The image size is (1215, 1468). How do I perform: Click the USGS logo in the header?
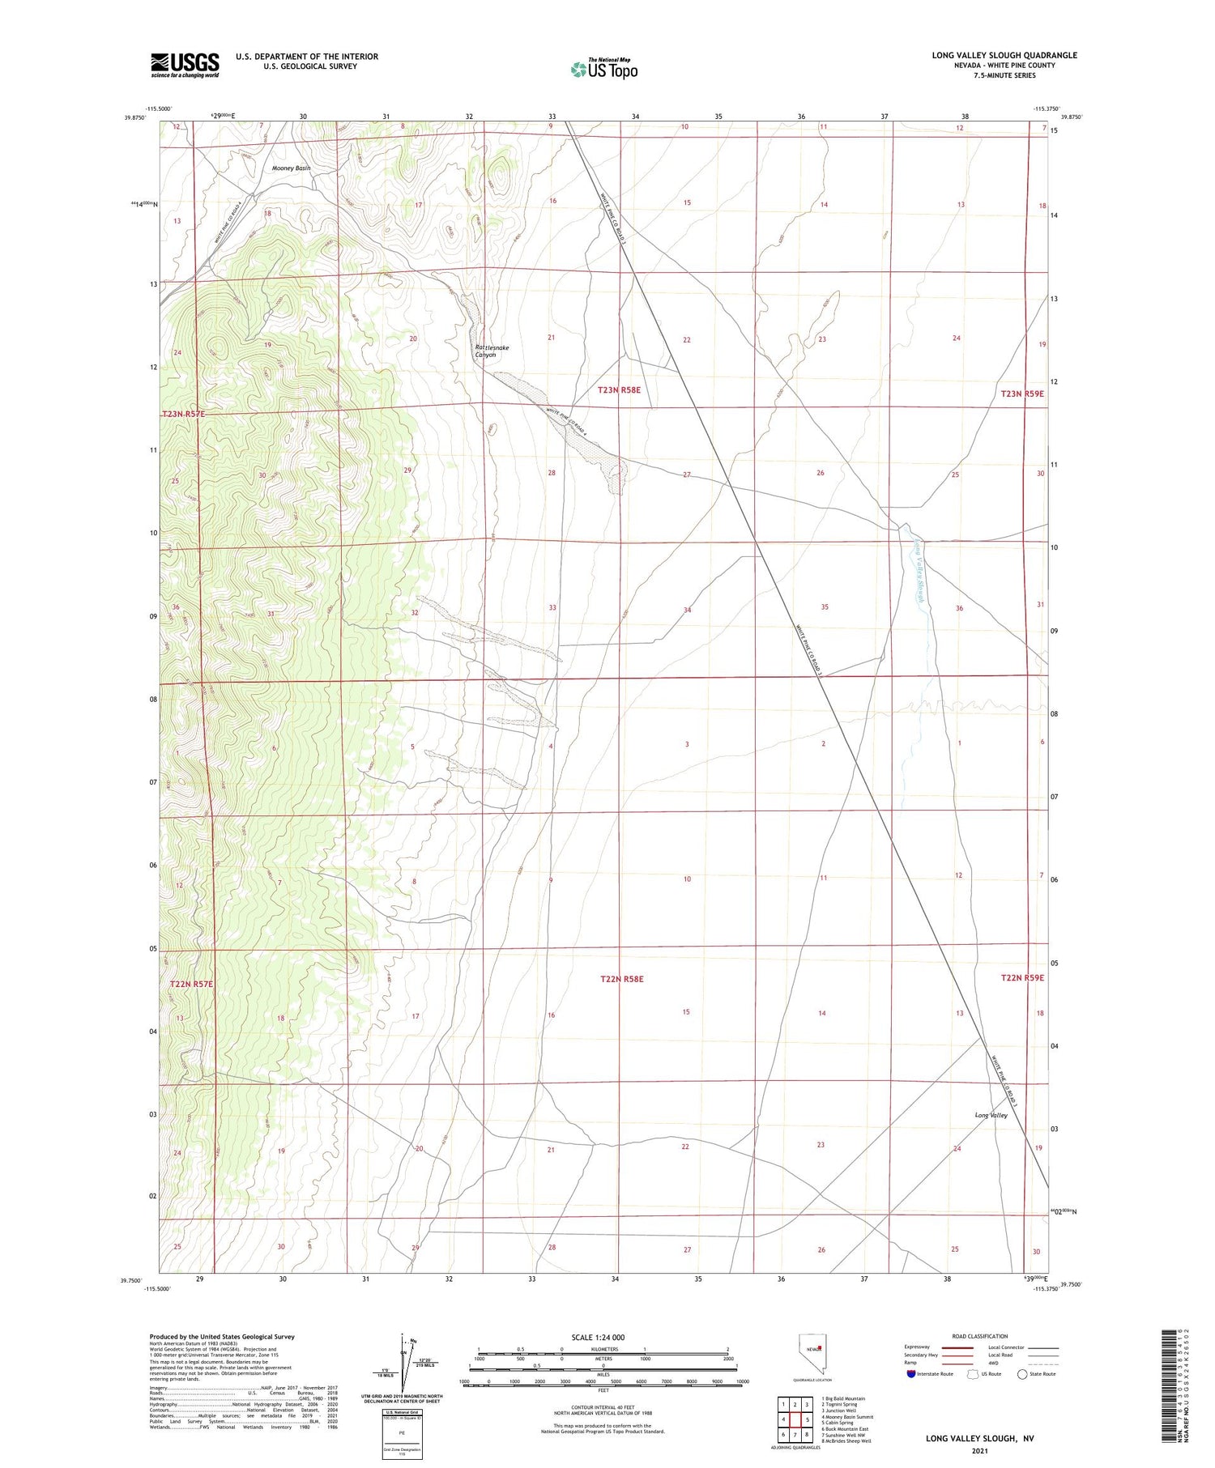click(x=185, y=65)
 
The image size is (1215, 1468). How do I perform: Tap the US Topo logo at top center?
click(x=603, y=69)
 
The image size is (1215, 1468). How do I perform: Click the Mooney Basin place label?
click(x=291, y=168)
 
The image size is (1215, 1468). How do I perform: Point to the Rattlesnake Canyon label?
click(x=491, y=351)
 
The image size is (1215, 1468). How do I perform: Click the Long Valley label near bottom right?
click(x=991, y=1115)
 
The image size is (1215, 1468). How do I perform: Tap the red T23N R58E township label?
click(x=619, y=390)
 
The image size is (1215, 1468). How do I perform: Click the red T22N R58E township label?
click(x=622, y=979)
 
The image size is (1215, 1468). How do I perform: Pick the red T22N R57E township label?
click(x=191, y=984)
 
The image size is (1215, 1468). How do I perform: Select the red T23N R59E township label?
click(x=1022, y=394)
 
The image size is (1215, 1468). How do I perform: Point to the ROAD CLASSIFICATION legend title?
click(x=980, y=1336)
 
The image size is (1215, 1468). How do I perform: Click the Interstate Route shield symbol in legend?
click(x=911, y=1373)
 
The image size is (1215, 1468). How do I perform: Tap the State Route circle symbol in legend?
click(x=1022, y=1373)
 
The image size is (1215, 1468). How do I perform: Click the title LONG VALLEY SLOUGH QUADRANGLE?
click(x=1004, y=55)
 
